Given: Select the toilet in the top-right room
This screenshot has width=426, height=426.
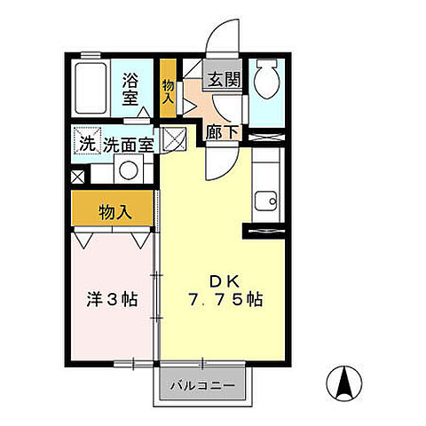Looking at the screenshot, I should pyautogui.click(x=264, y=83).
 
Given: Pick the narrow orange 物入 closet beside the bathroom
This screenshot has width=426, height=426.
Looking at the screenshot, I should pyautogui.click(x=168, y=86).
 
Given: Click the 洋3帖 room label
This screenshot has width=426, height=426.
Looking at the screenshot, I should pyautogui.click(x=112, y=300).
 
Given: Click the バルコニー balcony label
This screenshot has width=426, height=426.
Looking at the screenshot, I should pyautogui.click(x=201, y=387).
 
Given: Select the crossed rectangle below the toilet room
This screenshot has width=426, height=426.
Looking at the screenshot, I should pyautogui.click(x=264, y=138).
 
